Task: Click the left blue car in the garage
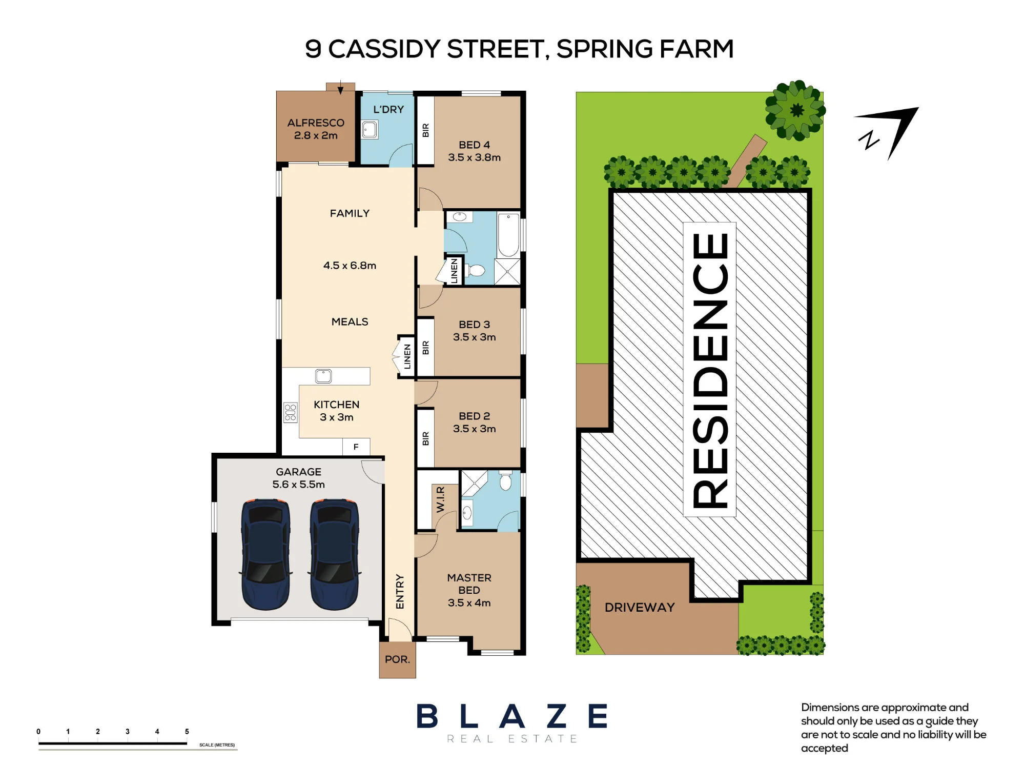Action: point(265,554)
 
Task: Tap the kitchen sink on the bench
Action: point(323,376)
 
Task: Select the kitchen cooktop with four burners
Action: point(290,412)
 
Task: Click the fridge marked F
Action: point(356,447)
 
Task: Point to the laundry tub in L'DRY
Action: point(370,130)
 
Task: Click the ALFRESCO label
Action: point(316,123)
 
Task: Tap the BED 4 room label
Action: point(474,145)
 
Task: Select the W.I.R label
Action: point(440,499)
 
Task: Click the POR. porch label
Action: point(398,659)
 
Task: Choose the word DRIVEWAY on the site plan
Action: point(640,608)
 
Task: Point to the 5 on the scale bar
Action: point(187,732)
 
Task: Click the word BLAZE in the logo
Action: point(512,716)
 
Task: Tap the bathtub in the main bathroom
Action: point(508,235)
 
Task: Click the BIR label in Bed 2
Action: point(425,439)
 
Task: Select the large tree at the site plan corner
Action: point(795,110)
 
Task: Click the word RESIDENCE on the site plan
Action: point(710,370)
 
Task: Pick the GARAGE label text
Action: point(299,472)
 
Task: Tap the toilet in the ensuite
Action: point(505,481)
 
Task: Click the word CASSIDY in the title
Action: point(384,49)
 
